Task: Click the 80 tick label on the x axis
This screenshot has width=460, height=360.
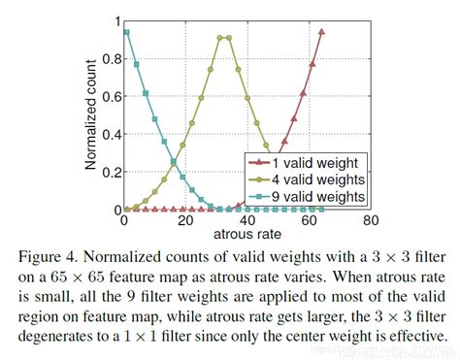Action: pos(369,221)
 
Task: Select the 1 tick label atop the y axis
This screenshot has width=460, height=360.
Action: pos(114,20)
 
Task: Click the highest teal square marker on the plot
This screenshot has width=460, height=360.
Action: pos(126,32)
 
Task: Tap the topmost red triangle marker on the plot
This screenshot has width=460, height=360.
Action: pos(321,31)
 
